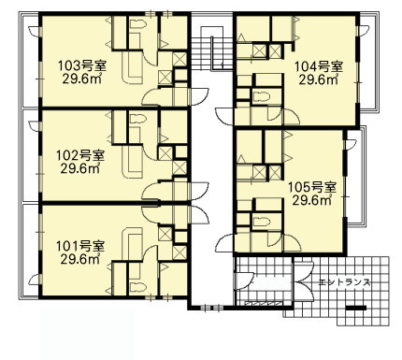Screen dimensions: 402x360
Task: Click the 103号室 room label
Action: point(82,66)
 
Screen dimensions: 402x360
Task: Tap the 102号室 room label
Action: point(80,155)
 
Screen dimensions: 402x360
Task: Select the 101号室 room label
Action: point(80,246)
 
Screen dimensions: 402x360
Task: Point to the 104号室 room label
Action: point(319,66)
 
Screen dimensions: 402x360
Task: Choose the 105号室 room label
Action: point(312,187)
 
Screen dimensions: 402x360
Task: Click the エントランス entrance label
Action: point(344,282)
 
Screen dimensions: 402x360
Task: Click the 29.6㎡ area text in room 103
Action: point(82,79)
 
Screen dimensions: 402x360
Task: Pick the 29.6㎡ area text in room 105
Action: point(312,200)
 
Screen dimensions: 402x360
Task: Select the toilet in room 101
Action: point(138,286)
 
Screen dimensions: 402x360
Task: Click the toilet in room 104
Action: point(261,97)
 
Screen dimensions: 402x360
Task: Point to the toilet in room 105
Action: point(261,222)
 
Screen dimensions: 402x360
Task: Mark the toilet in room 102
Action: point(138,119)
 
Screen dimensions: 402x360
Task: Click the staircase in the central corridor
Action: point(212,50)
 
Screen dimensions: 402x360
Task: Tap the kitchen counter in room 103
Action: point(132,67)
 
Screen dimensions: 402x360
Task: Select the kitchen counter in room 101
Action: point(132,245)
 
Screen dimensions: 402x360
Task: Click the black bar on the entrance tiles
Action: point(356,308)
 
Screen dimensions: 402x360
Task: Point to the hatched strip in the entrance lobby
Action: point(263,303)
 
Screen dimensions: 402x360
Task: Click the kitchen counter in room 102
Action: point(132,162)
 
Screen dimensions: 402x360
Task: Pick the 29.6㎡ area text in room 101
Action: point(80,259)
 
